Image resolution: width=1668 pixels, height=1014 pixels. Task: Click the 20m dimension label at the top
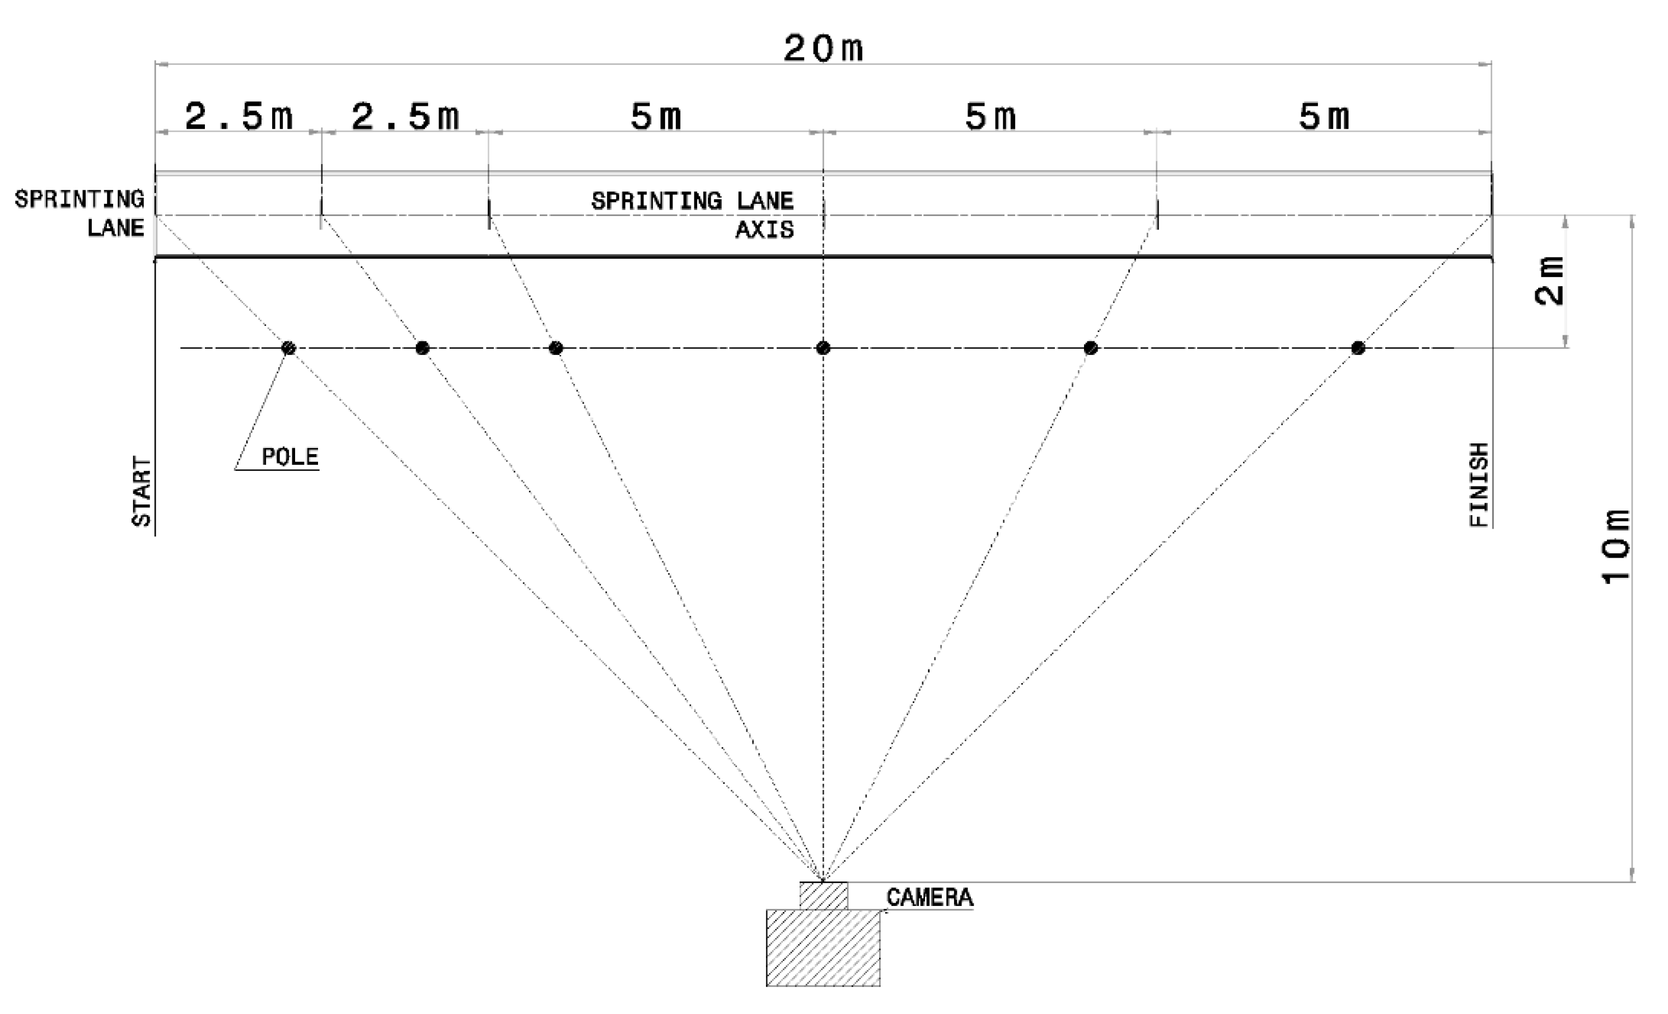coord(823,49)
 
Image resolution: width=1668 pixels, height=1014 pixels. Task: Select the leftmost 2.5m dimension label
coord(239,116)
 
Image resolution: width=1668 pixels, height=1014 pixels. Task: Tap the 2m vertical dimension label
coord(1550,281)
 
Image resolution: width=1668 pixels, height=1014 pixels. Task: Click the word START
coord(142,492)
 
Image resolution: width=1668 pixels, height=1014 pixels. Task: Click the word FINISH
coord(1480,485)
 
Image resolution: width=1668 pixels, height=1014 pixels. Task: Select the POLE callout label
coord(289,457)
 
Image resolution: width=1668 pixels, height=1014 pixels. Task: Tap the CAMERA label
coord(929,898)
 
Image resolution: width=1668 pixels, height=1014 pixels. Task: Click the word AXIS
coord(764,230)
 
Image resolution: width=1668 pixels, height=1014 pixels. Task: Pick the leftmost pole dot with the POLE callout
coord(288,348)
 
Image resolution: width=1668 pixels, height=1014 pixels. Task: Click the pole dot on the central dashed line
coord(823,348)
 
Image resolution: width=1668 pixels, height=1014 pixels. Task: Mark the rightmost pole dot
coord(1358,348)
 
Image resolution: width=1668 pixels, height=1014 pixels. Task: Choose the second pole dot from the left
coord(422,348)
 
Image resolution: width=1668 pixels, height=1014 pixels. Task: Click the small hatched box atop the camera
coord(824,895)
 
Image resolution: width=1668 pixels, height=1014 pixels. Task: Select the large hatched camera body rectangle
coord(823,948)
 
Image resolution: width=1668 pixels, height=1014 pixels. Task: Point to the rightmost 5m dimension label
coord(1324,116)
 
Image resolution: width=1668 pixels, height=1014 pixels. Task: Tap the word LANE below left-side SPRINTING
coord(116,228)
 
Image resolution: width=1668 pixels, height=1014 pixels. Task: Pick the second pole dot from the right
coord(1091,348)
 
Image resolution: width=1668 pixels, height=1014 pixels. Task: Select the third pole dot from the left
coord(556,348)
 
